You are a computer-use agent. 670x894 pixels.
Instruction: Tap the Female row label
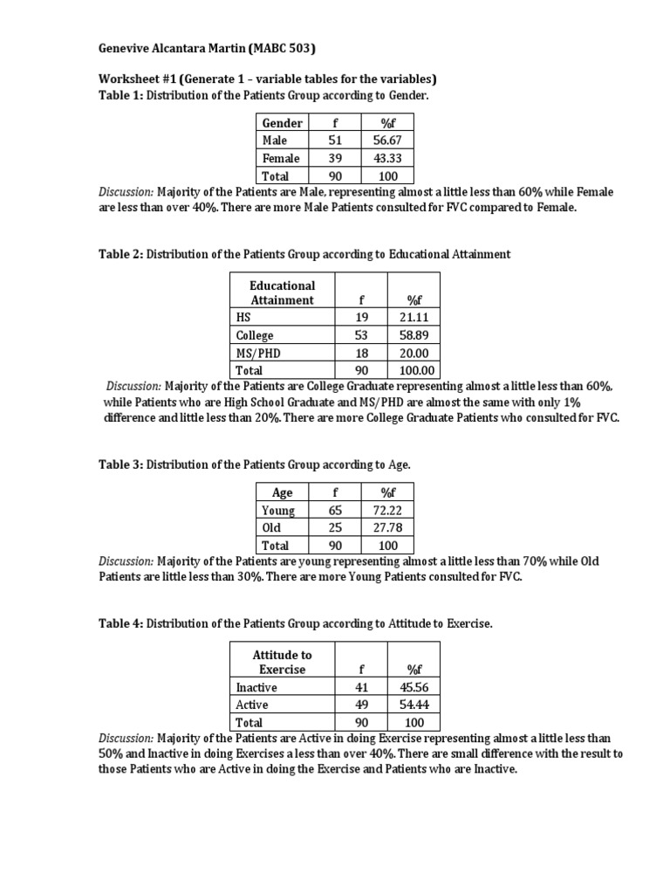280,158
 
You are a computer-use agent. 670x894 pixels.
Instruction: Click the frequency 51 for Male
336,141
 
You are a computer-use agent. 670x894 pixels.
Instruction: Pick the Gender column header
283,123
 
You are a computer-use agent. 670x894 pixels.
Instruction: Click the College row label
254,335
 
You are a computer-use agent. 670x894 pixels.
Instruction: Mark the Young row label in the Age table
278,511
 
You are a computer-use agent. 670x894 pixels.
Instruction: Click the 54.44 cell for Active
414,705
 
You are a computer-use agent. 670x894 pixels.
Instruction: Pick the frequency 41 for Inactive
360,687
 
